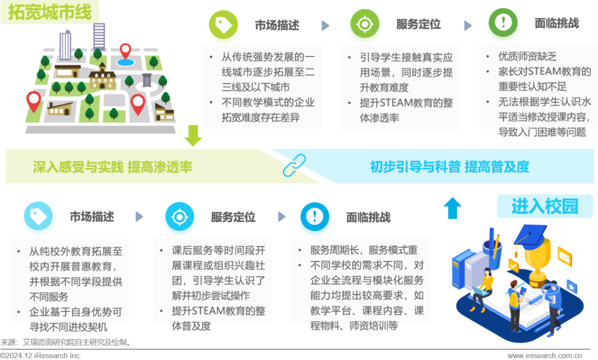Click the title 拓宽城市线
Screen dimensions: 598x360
point(50,12)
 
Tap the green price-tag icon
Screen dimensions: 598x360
point(223,24)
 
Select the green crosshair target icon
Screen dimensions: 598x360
point(364,24)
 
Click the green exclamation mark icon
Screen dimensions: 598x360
point(503,22)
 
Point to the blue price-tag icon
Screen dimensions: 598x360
point(38,216)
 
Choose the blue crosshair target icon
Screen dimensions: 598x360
point(179,217)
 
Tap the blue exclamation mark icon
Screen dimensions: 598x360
point(315,217)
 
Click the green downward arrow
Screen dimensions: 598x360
point(193,135)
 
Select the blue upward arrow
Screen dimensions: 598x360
point(453,208)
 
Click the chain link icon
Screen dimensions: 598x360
point(294,165)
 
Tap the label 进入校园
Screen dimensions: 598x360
point(545,207)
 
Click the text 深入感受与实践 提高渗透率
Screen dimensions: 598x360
point(112,167)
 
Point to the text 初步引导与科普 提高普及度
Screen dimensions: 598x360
point(450,167)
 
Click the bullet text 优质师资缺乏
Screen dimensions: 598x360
point(528,56)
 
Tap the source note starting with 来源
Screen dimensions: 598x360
point(66,342)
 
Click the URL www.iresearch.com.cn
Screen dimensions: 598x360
point(545,356)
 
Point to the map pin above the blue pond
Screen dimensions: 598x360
point(126,52)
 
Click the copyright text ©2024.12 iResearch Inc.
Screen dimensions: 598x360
point(41,356)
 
